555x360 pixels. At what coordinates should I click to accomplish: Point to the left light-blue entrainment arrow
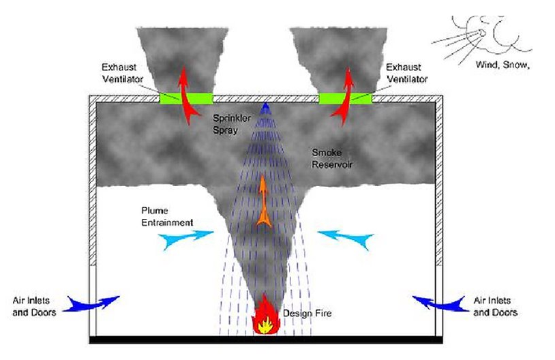coord(185,238)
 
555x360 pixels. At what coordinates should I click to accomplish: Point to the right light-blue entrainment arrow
coord(346,238)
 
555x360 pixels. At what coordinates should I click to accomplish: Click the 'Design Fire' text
coord(299,314)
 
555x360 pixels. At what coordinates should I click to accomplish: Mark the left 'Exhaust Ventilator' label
coord(123,74)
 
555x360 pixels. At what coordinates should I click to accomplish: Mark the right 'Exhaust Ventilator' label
coord(406,74)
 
